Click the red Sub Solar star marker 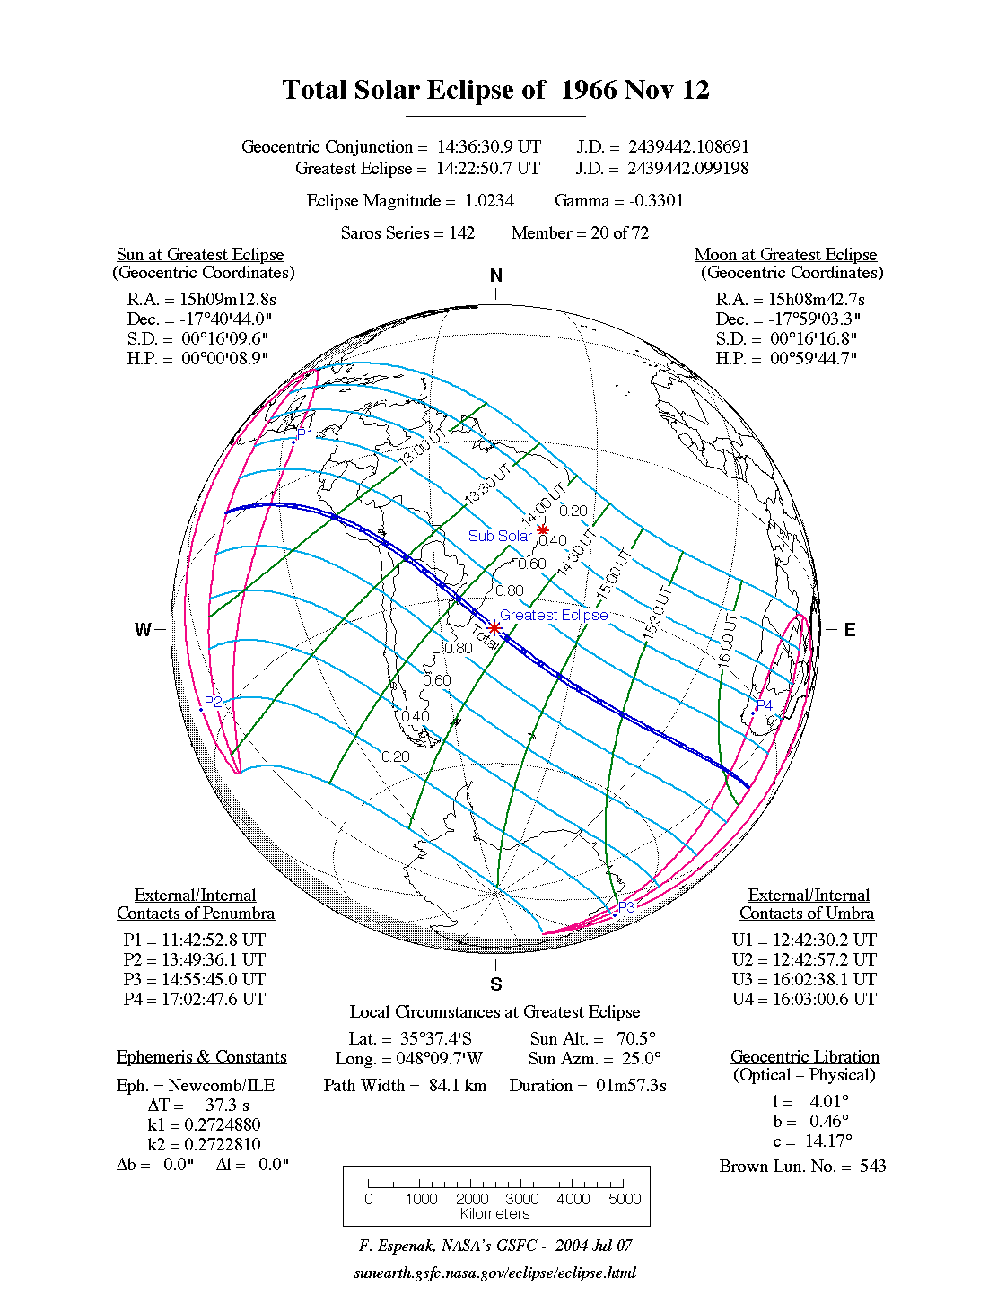click(543, 530)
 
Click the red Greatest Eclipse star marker click(494, 627)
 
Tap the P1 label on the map click(305, 434)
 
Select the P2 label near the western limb click(214, 702)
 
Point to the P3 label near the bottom click(625, 907)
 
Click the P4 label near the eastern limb click(764, 705)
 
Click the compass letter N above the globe click(495, 275)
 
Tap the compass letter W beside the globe click(143, 630)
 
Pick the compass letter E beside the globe click(849, 630)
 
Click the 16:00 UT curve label click(728, 640)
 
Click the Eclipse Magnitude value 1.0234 click(489, 200)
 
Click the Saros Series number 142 click(461, 232)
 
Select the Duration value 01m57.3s click(631, 1085)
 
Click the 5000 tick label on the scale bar click(625, 1199)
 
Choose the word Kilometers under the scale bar click(495, 1213)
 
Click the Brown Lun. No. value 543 click(872, 1166)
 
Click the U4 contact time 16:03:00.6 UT click(824, 999)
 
